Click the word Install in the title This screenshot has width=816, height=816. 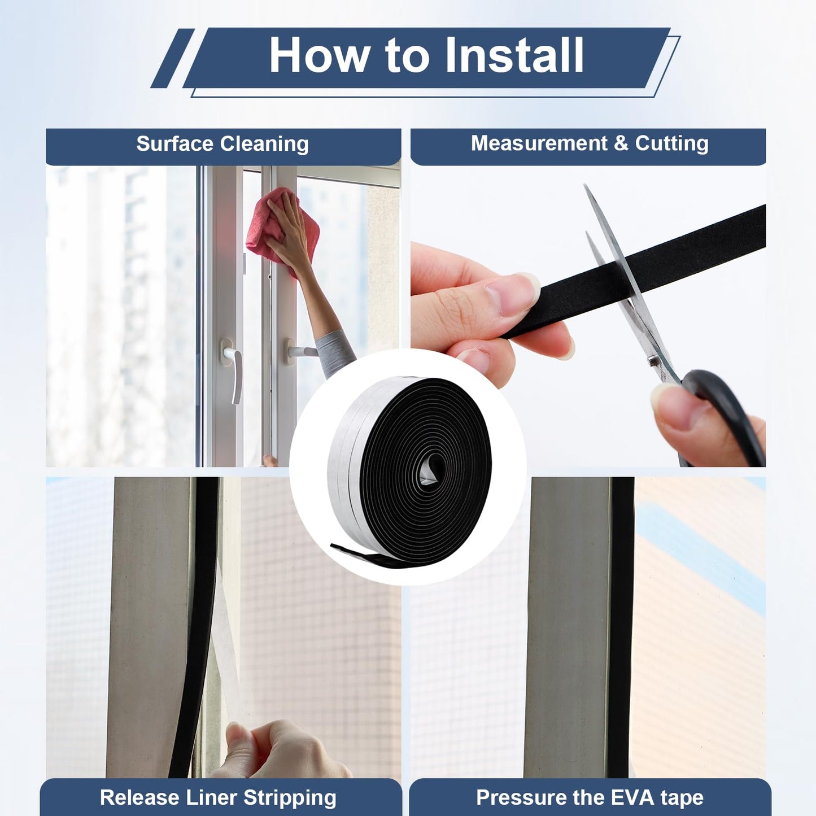point(514,55)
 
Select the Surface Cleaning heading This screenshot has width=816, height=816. point(222,144)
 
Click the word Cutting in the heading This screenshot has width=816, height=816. point(671,143)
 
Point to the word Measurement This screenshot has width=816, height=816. point(539,143)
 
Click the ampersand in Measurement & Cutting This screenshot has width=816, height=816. point(621,143)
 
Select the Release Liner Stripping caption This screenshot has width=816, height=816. point(218,797)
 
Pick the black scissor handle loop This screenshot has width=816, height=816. point(728,412)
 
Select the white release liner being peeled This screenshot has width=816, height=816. point(223,649)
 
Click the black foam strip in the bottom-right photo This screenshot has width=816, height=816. point(621,621)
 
